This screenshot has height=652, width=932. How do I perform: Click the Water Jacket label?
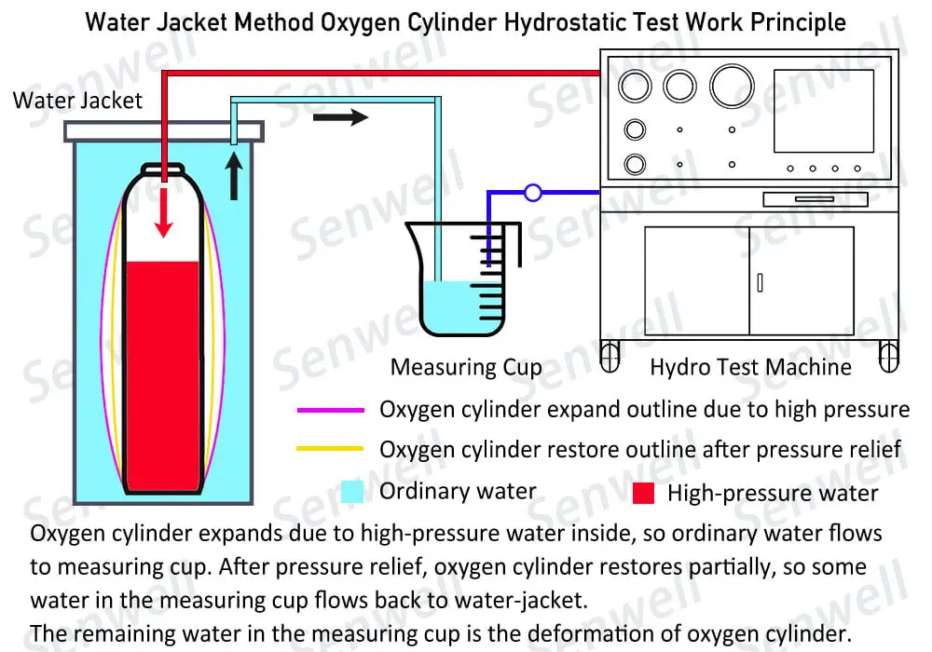(x=77, y=101)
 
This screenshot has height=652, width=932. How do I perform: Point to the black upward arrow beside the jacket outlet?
(x=234, y=177)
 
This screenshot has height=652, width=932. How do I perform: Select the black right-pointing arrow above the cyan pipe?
(x=340, y=117)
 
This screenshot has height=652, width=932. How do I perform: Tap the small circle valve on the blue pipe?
(x=532, y=193)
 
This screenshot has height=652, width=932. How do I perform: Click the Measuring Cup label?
(x=465, y=367)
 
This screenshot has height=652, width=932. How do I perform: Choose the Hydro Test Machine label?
(x=750, y=367)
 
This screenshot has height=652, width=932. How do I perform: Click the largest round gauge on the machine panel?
(x=732, y=86)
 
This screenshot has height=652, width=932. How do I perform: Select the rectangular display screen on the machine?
(x=823, y=111)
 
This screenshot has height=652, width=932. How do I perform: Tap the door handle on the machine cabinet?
(x=760, y=281)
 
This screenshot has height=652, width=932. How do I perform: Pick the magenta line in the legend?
(x=330, y=410)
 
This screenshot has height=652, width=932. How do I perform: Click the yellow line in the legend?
(x=330, y=450)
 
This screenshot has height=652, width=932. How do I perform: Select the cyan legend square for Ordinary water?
(x=352, y=492)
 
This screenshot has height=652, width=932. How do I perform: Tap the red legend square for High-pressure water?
(x=643, y=494)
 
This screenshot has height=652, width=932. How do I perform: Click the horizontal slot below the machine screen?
(x=815, y=199)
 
